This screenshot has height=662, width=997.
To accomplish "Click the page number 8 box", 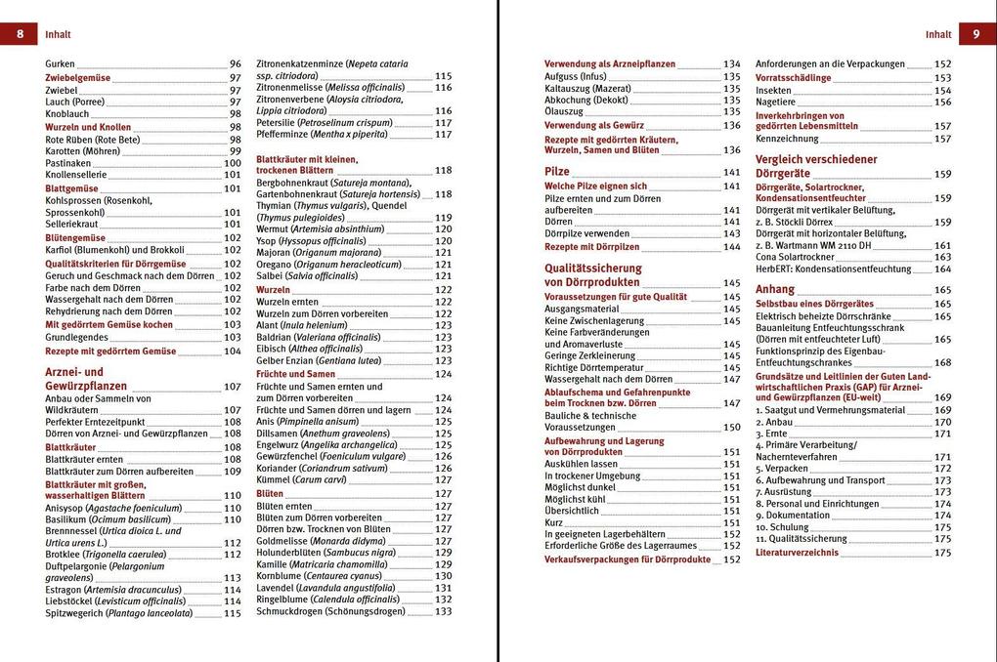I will [x=19, y=34].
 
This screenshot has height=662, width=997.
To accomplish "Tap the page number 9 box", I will [x=976, y=34].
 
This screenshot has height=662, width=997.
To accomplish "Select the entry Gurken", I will [x=60, y=63].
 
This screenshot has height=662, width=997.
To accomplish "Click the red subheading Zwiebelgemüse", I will [x=78, y=77].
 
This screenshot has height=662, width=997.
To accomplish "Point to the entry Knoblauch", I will [x=67, y=114].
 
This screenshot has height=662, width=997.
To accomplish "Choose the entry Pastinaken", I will [x=68, y=163].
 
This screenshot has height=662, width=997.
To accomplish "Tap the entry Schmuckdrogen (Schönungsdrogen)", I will [x=329, y=611].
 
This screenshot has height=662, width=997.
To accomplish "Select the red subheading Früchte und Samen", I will [x=295, y=374].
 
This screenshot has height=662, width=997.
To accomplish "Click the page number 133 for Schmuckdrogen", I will [x=444, y=611].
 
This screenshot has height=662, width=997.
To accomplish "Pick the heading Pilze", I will [x=557, y=171].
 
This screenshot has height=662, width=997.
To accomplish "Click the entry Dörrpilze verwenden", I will [x=586, y=233].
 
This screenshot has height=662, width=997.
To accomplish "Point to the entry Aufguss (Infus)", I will [x=576, y=76].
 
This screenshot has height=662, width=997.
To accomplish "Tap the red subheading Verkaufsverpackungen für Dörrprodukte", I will [x=628, y=559].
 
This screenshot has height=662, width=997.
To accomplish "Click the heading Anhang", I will [x=775, y=289].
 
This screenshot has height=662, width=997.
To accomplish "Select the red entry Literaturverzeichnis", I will [x=797, y=553].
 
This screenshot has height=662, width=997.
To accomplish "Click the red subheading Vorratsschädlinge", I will [x=794, y=77].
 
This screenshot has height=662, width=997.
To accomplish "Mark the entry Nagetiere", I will [x=776, y=102].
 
